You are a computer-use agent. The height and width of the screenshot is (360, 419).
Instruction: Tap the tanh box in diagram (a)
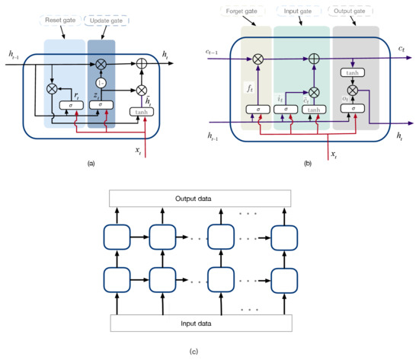click(140, 111)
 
